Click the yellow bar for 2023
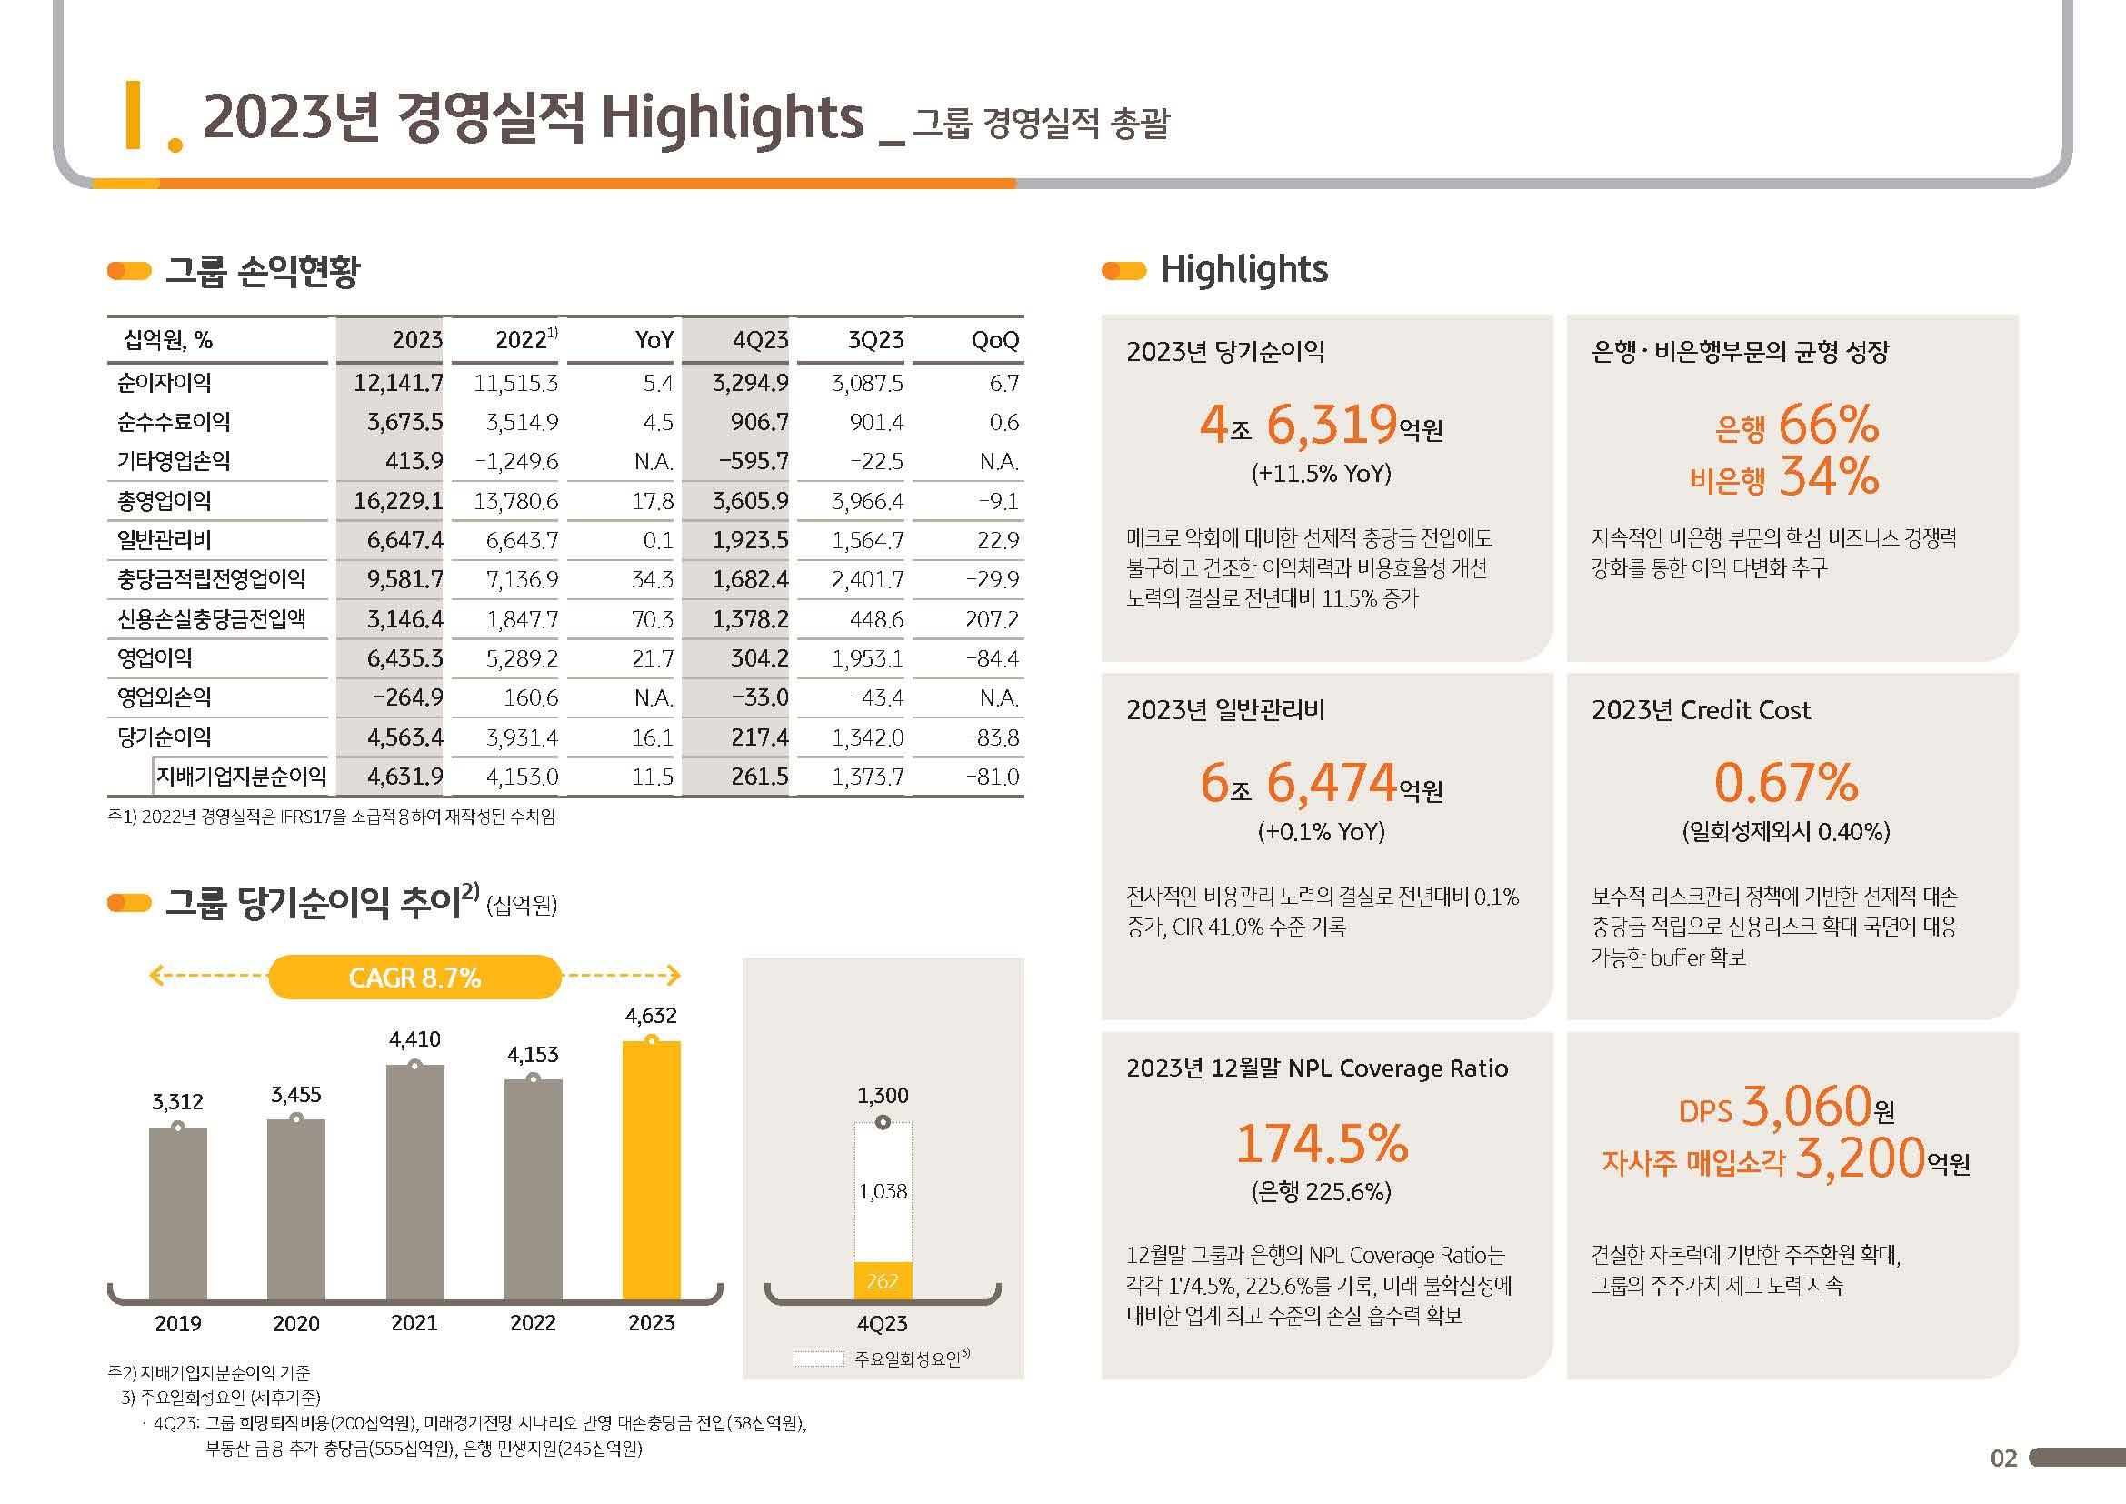(651, 1170)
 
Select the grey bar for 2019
(178, 1213)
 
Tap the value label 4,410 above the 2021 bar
(414, 1039)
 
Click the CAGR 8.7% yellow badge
(414, 977)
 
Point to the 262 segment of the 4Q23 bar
(883, 1281)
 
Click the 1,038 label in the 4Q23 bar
(883, 1191)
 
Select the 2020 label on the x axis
(296, 1323)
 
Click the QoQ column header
(994, 340)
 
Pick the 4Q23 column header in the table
(759, 340)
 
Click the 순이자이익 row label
(164, 383)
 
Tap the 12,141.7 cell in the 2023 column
(398, 383)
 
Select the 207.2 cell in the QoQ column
(992, 618)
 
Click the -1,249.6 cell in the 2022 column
(516, 461)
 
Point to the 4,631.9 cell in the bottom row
(404, 776)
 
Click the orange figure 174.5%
(1322, 1143)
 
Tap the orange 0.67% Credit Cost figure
(1785, 783)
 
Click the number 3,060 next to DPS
(1806, 1106)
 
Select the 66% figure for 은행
(1828, 425)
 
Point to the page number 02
(2003, 1458)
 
